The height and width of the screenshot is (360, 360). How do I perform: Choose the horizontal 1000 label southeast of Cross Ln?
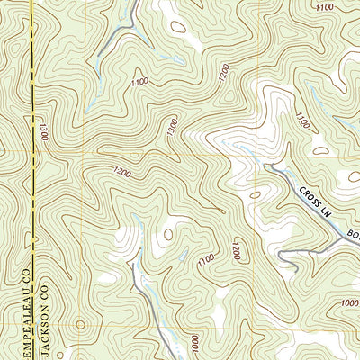pos(349,303)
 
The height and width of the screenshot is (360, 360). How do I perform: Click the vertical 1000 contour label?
pos(193,344)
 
